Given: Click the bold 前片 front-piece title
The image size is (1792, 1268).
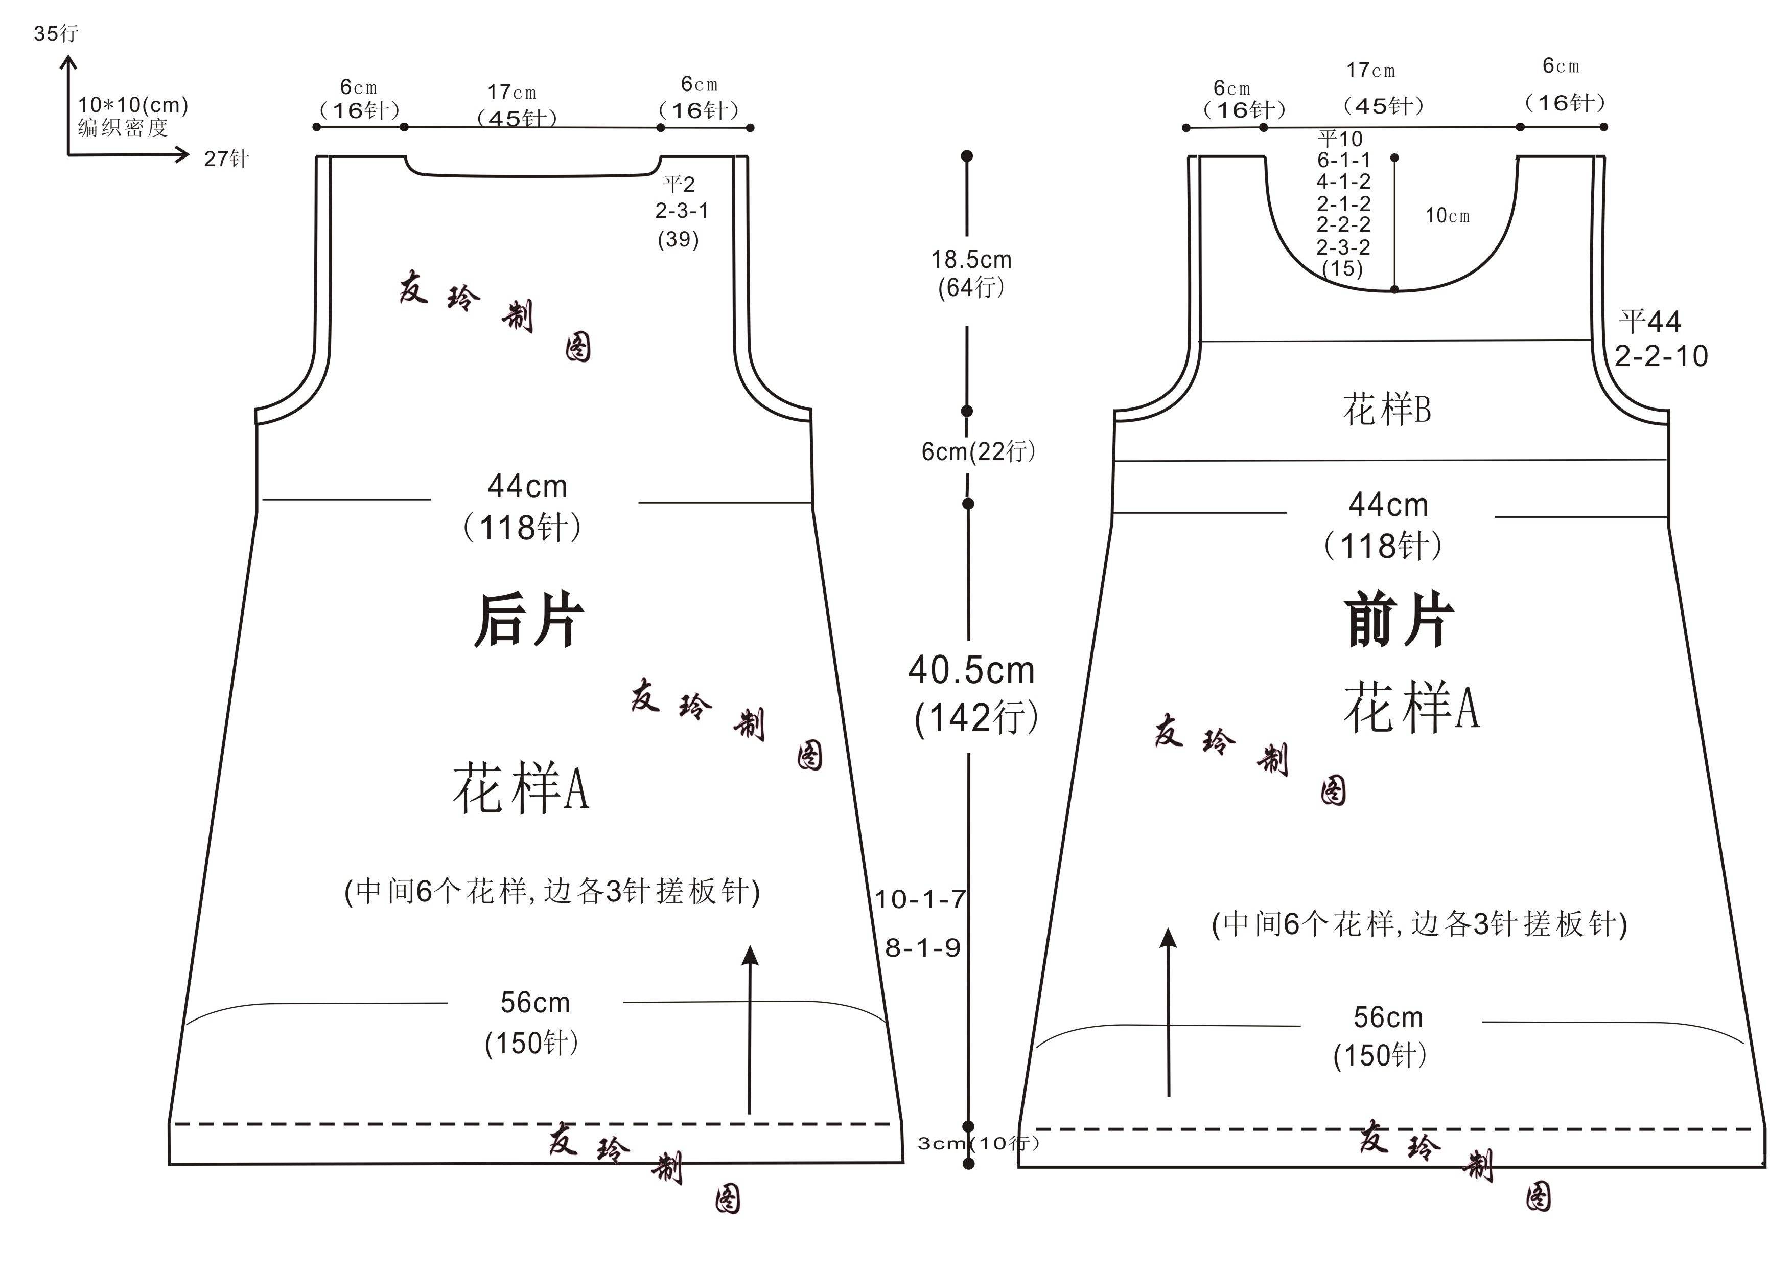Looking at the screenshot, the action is [x=1399, y=620].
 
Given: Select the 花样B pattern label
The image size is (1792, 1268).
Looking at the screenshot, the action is [x=1387, y=409].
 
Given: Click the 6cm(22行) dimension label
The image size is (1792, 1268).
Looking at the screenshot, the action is [x=978, y=451].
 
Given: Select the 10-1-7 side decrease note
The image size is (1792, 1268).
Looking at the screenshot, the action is [x=920, y=899].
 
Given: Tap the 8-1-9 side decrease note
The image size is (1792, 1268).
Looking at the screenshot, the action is [x=922, y=948].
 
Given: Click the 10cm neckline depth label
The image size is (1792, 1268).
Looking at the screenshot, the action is [x=1447, y=215].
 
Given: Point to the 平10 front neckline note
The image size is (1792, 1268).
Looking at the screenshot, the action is [x=1340, y=139].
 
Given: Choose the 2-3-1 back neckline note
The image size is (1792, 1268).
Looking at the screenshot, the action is [x=681, y=210].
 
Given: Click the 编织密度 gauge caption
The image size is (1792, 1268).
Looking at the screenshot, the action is [x=123, y=127].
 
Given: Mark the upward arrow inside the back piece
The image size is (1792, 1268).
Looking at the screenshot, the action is [x=750, y=1029].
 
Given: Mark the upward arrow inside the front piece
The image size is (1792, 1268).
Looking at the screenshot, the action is [x=1169, y=1012].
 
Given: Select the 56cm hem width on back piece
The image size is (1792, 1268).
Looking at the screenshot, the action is [x=536, y=1003].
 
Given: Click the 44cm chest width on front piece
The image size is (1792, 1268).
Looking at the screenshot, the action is [x=1388, y=505].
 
